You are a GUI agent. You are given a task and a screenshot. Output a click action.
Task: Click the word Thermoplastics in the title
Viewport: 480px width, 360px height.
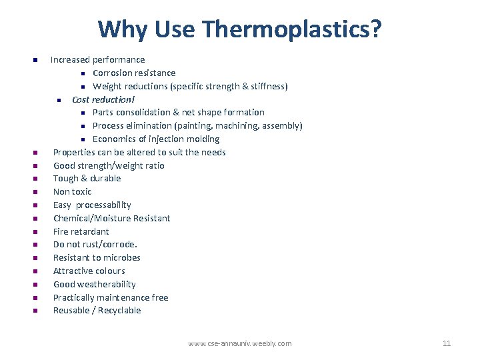(293, 29)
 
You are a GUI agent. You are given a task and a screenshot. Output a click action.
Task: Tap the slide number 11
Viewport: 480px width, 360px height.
(447, 343)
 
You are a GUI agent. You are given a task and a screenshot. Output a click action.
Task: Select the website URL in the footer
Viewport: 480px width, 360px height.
(240, 343)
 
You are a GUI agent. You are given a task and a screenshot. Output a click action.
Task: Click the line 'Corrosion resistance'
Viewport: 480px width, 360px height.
(134, 73)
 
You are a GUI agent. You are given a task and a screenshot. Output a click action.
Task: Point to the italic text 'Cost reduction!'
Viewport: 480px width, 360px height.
(103, 99)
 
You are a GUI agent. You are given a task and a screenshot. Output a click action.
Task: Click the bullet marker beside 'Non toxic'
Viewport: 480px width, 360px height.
(35, 192)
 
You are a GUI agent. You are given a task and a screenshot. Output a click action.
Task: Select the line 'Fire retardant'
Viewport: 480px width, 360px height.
(81, 231)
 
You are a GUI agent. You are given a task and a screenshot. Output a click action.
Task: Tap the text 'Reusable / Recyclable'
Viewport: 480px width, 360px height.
(97, 311)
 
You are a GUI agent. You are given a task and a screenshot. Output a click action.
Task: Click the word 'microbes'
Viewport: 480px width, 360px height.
(122, 257)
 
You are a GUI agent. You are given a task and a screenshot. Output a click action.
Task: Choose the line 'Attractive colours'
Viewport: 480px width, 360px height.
(89, 271)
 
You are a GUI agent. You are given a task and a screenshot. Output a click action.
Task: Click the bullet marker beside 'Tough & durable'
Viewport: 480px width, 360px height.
(35, 179)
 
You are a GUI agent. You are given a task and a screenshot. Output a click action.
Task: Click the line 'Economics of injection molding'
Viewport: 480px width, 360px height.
(156, 139)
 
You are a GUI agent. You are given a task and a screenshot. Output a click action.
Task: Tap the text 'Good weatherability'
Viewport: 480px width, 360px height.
(95, 284)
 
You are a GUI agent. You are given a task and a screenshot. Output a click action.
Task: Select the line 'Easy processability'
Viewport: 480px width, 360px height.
(92, 205)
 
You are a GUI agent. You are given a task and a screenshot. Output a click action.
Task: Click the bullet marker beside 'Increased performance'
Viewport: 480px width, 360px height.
(35, 60)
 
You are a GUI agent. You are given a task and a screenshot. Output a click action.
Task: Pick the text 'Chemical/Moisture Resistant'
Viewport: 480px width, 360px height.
(111, 218)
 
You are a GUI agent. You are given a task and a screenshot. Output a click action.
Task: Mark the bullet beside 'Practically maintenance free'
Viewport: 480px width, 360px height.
(35, 297)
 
